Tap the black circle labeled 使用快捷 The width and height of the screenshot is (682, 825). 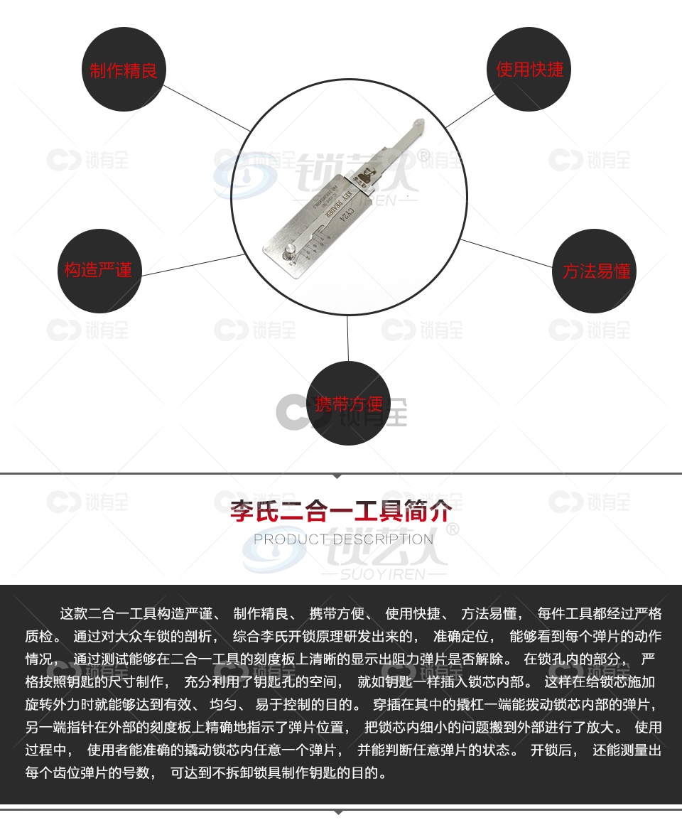pos(530,69)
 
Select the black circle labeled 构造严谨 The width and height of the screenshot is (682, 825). pos(99,270)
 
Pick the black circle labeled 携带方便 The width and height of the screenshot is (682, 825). pos(349,404)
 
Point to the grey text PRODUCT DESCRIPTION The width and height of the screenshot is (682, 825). pos(343,539)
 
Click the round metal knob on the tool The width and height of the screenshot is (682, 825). pos(291,249)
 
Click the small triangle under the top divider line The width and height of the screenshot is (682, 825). pos(339,476)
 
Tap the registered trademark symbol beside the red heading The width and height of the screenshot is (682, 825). pos(451,528)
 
